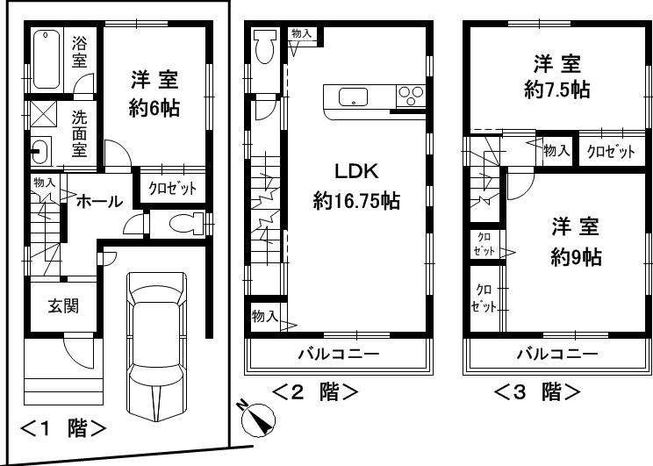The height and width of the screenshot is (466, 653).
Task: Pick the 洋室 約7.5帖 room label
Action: pos(556,76)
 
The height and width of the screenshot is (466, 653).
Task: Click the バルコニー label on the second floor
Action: pos(337,354)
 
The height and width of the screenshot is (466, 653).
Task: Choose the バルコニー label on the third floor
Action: pos(556,354)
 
